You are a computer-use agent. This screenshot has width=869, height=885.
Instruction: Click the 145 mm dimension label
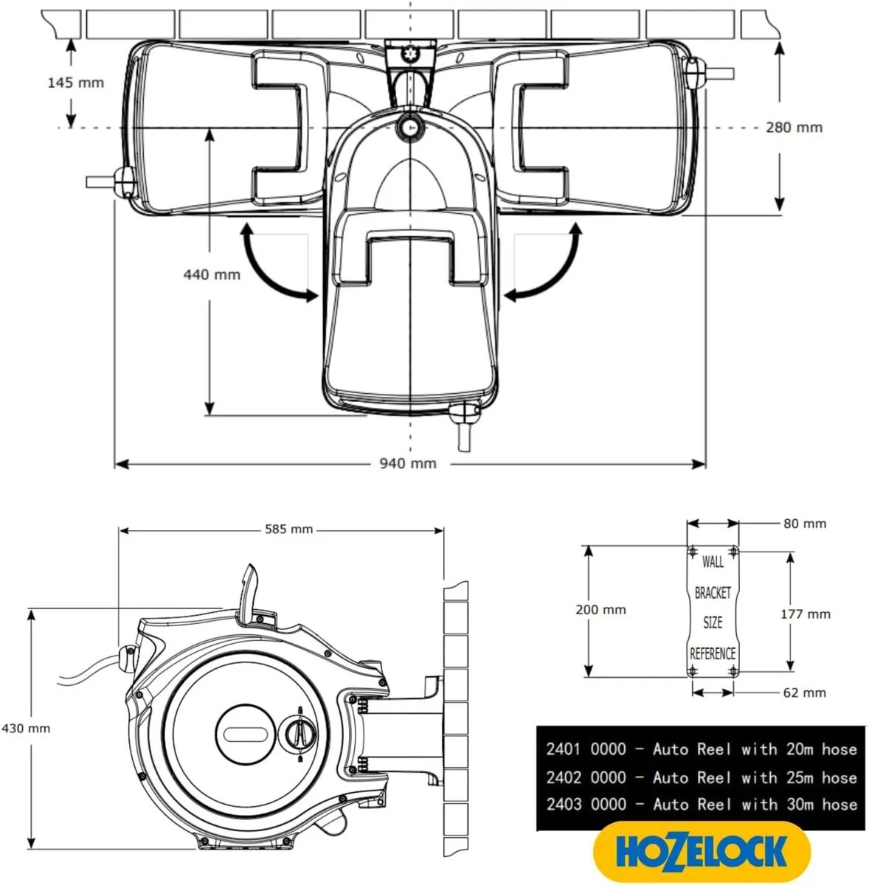tap(75, 83)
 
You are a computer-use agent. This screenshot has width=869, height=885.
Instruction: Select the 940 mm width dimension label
tap(408, 464)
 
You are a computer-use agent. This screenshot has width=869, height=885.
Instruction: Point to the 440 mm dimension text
tap(212, 275)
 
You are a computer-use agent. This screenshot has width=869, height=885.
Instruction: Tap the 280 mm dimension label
tap(794, 128)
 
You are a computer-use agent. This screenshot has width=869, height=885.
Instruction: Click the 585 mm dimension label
tap(288, 530)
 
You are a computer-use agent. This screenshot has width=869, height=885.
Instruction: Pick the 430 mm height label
tap(26, 728)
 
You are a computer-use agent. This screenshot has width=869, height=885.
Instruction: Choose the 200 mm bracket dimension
tap(600, 610)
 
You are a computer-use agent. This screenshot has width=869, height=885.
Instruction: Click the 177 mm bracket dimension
tap(806, 614)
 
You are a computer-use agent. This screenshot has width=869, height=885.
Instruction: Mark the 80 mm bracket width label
tap(805, 524)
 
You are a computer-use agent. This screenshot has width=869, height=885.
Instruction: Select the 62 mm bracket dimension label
tap(805, 693)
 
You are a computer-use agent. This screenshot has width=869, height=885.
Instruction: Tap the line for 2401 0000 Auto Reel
tap(701, 749)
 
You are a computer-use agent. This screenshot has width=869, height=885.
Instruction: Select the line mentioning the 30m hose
tap(701, 805)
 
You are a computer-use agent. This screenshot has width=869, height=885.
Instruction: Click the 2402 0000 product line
tap(701, 777)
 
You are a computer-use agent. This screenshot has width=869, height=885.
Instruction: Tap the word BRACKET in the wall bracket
tap(713, 593)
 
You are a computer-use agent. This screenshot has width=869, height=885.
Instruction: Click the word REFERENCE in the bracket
tap(713, 654)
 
